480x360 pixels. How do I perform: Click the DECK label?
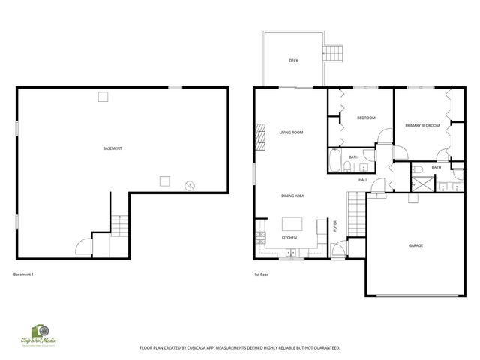294,61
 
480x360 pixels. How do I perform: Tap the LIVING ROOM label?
291,133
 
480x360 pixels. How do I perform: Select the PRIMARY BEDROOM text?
421,125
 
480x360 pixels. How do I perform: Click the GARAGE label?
415,245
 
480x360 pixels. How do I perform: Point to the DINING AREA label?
292,196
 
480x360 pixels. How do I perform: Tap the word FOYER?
335,226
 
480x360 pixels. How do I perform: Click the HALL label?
363,180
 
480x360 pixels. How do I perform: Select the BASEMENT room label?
112,148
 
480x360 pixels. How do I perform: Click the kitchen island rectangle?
292,223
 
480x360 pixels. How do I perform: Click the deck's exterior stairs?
332,53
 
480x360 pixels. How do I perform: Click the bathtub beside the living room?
335,161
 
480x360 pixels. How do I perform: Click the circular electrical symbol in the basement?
190,184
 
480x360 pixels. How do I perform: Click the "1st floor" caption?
261,274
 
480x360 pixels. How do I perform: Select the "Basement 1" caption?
23,274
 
